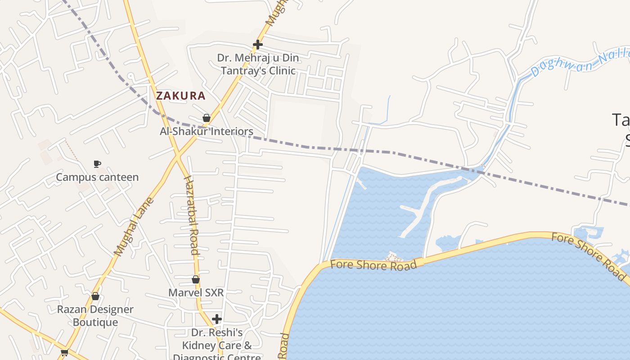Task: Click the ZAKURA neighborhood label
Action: (x=180, y=95)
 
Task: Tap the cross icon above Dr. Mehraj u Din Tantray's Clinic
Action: (x=257, y=45)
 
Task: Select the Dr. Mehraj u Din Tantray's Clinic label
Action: (x=258, y=64)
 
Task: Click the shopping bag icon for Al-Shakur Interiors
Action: (x=207, y=118)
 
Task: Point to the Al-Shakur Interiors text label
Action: (x=207, y=131)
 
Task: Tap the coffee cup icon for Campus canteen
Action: (x=97, y=164)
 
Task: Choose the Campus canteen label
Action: (x=97, y=177)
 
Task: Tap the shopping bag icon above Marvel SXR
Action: (x=196, y=279)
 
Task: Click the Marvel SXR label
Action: (x=196, y=292)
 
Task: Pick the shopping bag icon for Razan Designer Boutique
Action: (x=95, y=296)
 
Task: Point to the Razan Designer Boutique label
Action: (x=95, y=316)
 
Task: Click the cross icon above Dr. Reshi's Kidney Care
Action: (x=217, y=319)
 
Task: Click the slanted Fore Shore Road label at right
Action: (x=589, y=256)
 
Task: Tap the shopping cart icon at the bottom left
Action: (x=64, y=352)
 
